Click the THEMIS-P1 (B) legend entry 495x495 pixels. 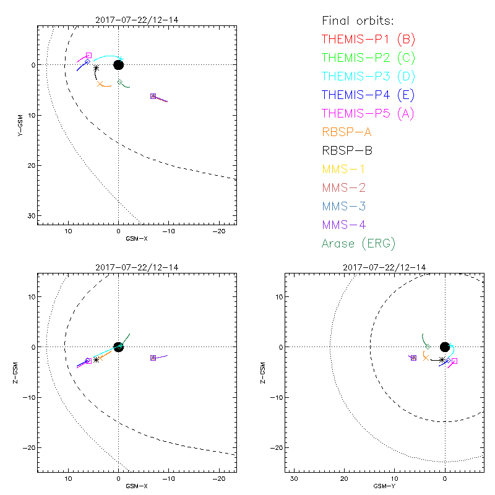click(368, 40)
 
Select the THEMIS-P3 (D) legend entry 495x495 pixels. click(368, 77)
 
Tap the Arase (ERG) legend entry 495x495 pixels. click(358, 243)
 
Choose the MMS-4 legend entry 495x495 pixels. click(346, 225)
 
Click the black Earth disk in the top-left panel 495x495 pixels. click(118, 65)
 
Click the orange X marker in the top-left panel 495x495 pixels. click(100, 84)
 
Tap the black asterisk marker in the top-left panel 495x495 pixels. click(96, 67)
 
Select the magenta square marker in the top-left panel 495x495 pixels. click(88, 56)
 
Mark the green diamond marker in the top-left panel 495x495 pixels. click(120, 82)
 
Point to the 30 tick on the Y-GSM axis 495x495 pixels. click(30, 215)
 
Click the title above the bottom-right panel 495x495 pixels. click(383, 267)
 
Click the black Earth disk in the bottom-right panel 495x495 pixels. click(445, 347)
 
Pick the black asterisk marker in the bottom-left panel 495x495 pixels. click(96, 359)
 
